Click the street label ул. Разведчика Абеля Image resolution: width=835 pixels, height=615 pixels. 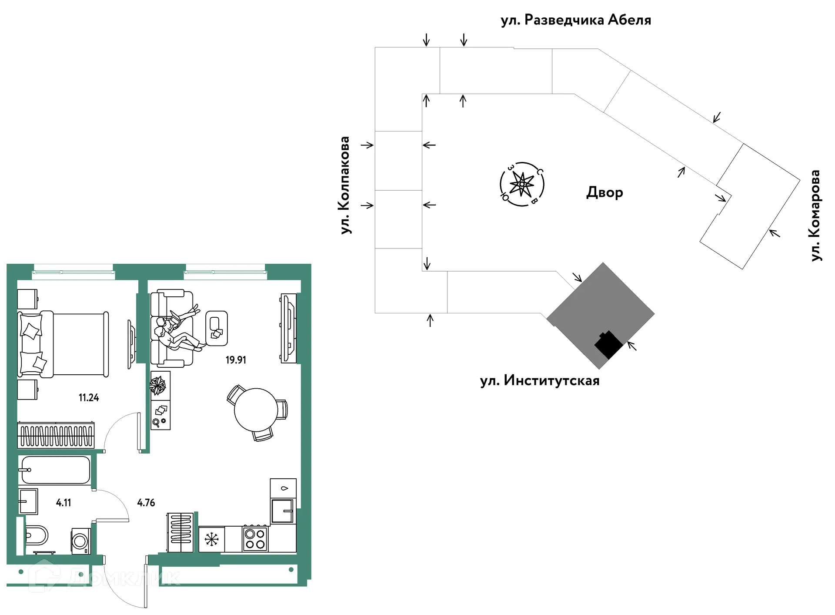click(576, 20)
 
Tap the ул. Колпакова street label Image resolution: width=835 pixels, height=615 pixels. click(345, 185)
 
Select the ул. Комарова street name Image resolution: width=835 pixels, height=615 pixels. click(815, 215)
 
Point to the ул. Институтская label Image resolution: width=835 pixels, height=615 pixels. click(540, 381)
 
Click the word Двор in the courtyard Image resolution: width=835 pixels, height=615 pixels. click(605, 192)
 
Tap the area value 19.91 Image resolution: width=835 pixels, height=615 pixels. click(236, 360)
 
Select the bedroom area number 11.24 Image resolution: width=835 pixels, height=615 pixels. click(89, 397)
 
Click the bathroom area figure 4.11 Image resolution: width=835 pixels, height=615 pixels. click(63, 503)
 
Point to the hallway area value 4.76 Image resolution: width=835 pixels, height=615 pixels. click(146, 503)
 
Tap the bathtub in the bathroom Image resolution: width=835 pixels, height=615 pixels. click(55, 470)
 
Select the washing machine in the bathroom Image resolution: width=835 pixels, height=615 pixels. click(81, 541)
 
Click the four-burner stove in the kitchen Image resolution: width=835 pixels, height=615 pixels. click(255, 539)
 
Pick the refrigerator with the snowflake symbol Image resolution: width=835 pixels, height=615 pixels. click(212, 540)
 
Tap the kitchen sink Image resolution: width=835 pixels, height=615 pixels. click(283, 511)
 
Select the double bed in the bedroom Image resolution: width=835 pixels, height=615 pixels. click(63, 344)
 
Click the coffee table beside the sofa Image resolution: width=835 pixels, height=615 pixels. click(216, 328)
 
